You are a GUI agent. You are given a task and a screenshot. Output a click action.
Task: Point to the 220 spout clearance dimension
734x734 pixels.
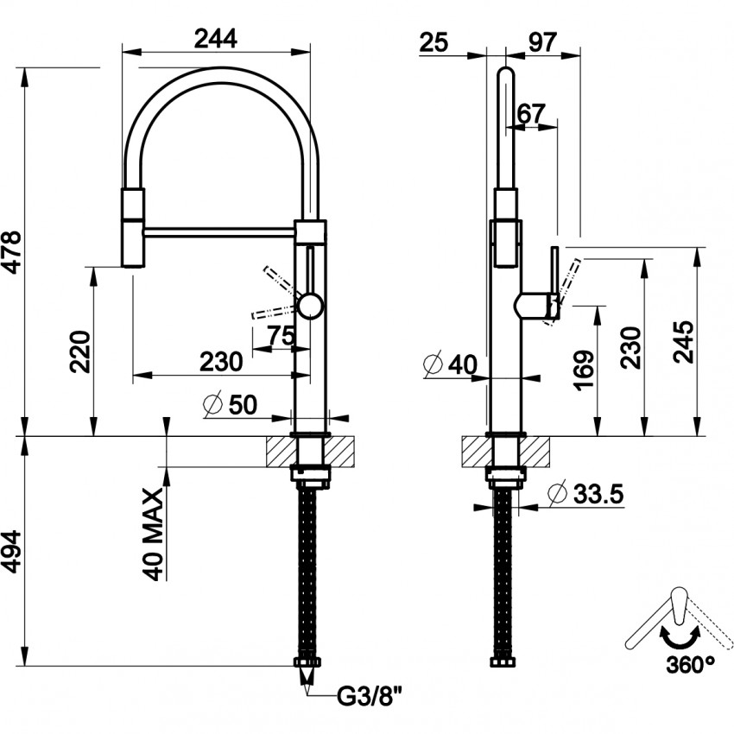80,350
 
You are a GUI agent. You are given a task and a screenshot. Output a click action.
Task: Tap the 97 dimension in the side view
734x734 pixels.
541,41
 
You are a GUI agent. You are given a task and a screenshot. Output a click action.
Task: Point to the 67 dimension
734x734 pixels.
532,112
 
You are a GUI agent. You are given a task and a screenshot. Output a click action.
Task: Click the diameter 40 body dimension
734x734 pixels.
451,365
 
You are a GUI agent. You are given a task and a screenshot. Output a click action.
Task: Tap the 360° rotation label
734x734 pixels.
690,664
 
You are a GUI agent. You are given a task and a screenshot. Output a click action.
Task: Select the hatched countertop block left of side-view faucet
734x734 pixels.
476,451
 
